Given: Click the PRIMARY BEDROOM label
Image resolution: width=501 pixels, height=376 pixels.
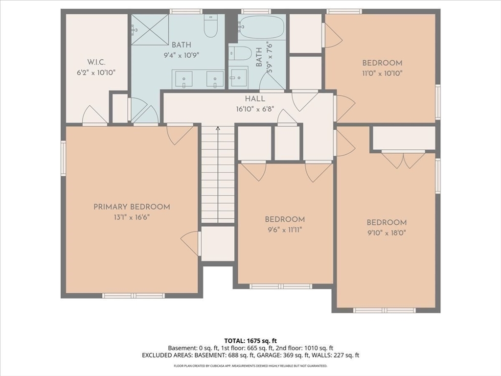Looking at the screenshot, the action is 132,207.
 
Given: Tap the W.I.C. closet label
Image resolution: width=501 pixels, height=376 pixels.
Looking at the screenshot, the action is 96,62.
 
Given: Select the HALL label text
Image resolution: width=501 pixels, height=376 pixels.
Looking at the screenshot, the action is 255,99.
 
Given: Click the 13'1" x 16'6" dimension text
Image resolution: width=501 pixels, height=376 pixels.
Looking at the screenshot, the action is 132,217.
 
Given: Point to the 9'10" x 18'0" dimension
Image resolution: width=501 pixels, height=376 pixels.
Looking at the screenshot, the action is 387,233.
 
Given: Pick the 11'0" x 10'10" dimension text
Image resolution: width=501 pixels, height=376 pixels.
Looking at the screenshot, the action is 382,73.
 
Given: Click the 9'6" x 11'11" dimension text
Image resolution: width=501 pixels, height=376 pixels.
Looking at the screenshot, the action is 284,230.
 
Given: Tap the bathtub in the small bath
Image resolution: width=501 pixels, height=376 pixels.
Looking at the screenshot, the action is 262,27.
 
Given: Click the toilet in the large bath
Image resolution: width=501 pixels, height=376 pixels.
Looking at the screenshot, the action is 210,25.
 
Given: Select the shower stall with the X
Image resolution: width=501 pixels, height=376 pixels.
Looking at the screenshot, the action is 150,30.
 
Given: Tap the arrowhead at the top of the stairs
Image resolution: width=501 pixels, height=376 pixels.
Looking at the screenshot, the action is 218,129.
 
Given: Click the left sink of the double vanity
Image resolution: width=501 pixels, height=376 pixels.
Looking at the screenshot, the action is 184,79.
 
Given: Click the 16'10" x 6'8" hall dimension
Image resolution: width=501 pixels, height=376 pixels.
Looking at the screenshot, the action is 255,109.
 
